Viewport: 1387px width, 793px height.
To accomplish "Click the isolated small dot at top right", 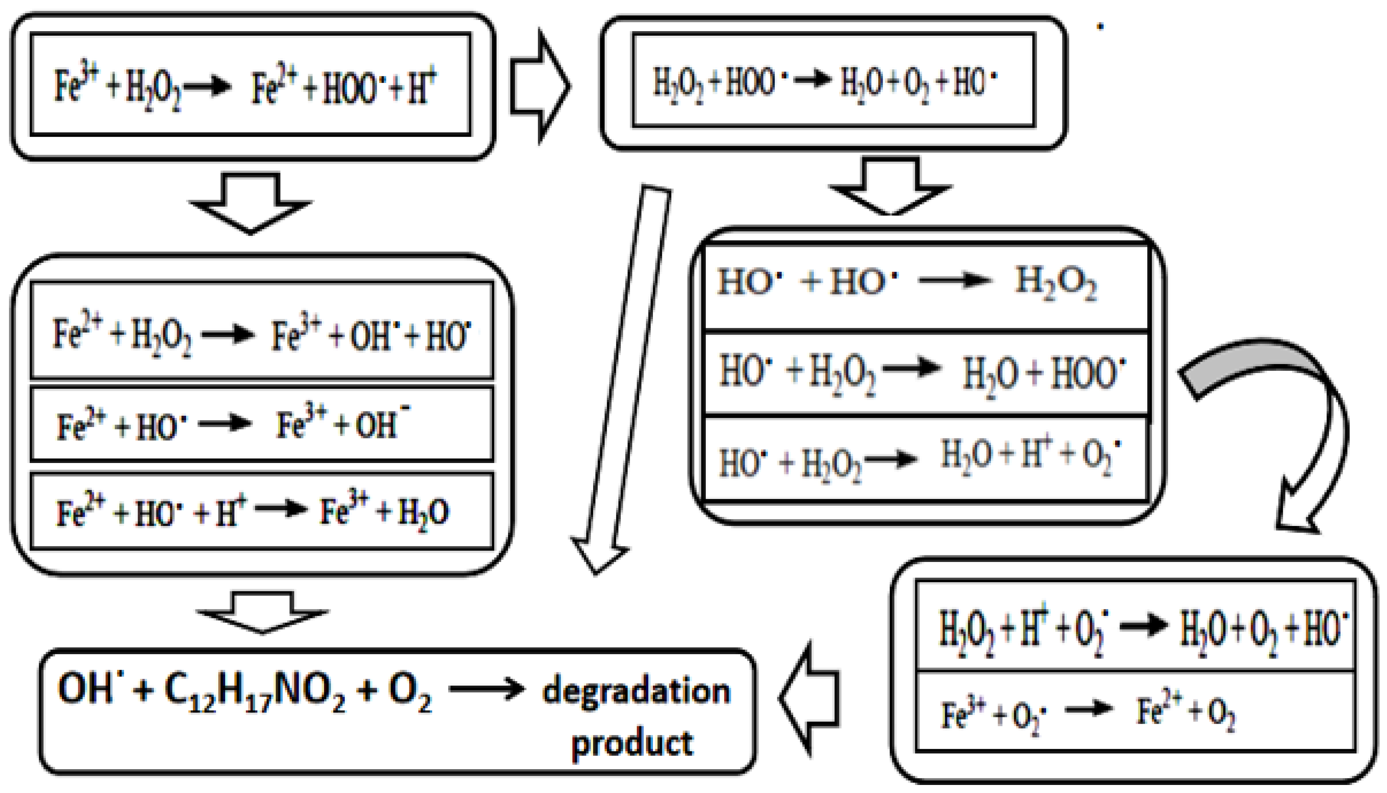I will pyautogui.click(x=1100, y=26).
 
